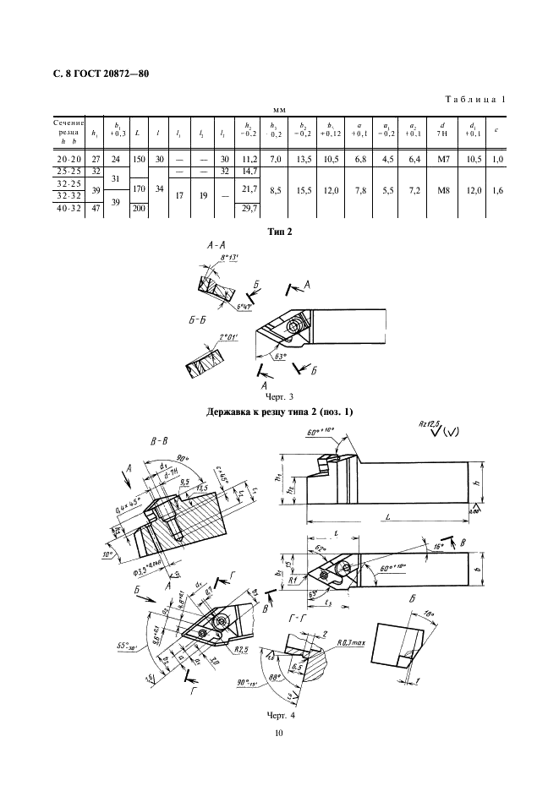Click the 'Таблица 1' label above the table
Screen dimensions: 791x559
click(x=475, y=100)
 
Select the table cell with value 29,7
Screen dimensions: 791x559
click(x=249, y=208)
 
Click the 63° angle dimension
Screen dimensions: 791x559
click(x=277, y=357)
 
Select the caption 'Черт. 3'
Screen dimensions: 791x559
click(x=279, y=396)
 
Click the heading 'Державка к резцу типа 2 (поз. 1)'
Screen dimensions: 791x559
click(x=279, y=412)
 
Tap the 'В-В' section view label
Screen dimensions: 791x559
click(x=160, y=440)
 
